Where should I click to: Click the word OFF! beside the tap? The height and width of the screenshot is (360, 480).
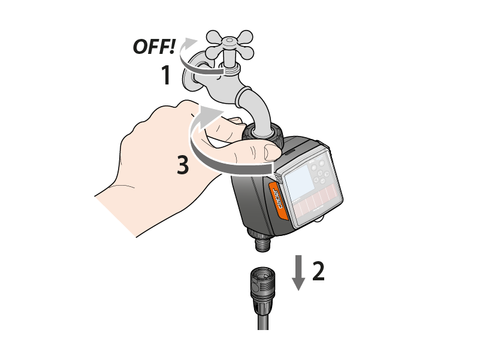point(154,47)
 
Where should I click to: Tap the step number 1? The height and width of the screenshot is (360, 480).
point(166,75)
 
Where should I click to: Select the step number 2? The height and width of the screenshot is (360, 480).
point(318,271)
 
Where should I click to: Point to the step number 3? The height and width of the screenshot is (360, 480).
point(183,165)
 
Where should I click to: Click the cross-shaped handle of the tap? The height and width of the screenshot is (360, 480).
point(230,45)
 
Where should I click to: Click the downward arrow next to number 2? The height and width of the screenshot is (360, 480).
point(298,273)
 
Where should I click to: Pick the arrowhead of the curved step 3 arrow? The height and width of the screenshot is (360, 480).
point(211,114)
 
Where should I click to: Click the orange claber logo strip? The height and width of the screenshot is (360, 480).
point(278,200)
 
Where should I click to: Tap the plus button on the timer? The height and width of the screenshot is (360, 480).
point(321,164)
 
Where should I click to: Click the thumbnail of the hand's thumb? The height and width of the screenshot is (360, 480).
point(271,153)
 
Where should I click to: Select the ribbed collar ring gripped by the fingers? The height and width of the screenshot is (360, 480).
point(263,134)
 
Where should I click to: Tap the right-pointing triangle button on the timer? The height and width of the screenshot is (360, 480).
point(327,174)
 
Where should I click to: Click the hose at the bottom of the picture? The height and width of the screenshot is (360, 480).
point(263,317)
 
